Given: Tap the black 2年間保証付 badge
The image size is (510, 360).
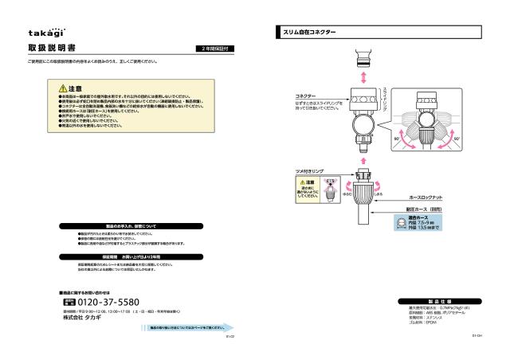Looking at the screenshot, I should (216, 49).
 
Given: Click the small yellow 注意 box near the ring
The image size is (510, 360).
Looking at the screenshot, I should (308, 190).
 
